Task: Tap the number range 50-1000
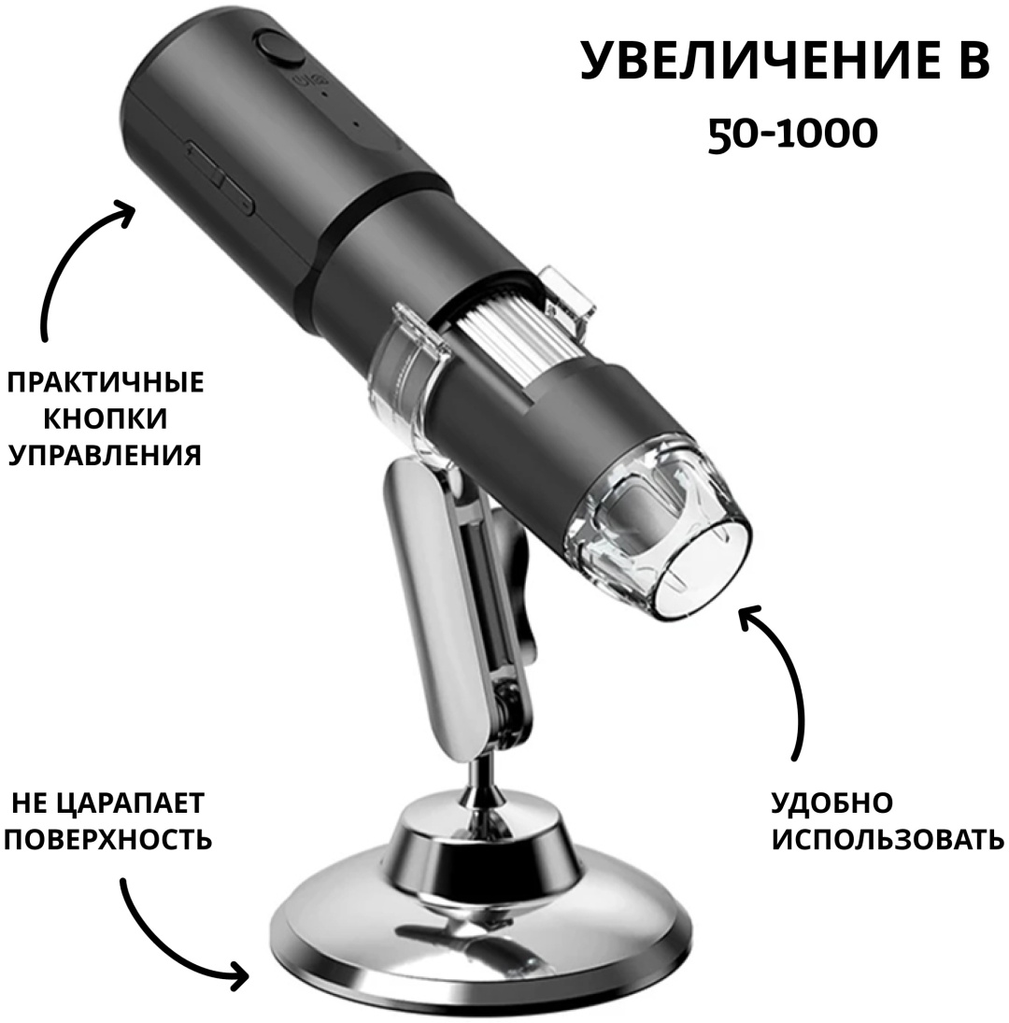[x=792, y=135]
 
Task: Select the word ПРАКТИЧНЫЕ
[x=106, y=382]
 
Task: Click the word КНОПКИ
[x=106, y=419]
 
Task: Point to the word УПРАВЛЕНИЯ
[x=105, y=454]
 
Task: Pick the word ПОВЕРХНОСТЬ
[x=108, y=840]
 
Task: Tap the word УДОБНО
[x=832, y=803]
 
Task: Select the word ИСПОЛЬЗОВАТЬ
[x=888, y=840]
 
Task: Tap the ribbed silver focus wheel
[x=503, y=326]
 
